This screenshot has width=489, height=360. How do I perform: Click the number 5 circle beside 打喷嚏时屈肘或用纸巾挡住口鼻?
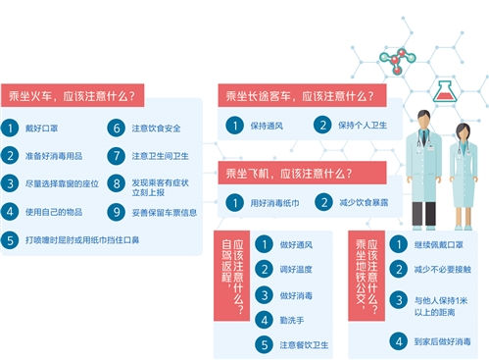pyautogui.click(x=10, y=238)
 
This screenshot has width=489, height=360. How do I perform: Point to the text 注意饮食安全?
pyautogui.click(x=157, y=128)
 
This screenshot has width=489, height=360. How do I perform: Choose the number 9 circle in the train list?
pyautogui.click(x=116, y=211)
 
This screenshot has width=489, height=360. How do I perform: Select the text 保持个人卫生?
pyautogui.click(x=364, y=126)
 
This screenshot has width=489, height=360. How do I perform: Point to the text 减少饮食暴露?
pyautogui.click(x=364, y=202)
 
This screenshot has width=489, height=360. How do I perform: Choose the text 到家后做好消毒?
pyautogui.click(x=441, y=341)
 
